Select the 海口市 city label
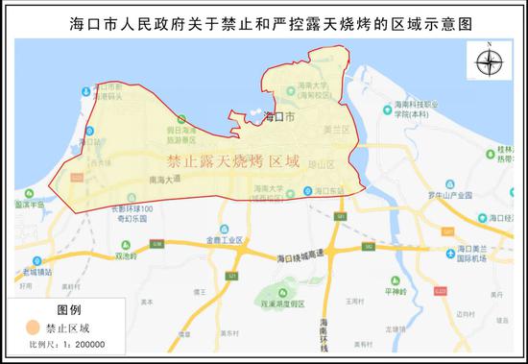(x=278, y=117)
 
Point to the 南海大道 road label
(x=165, y=179)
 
